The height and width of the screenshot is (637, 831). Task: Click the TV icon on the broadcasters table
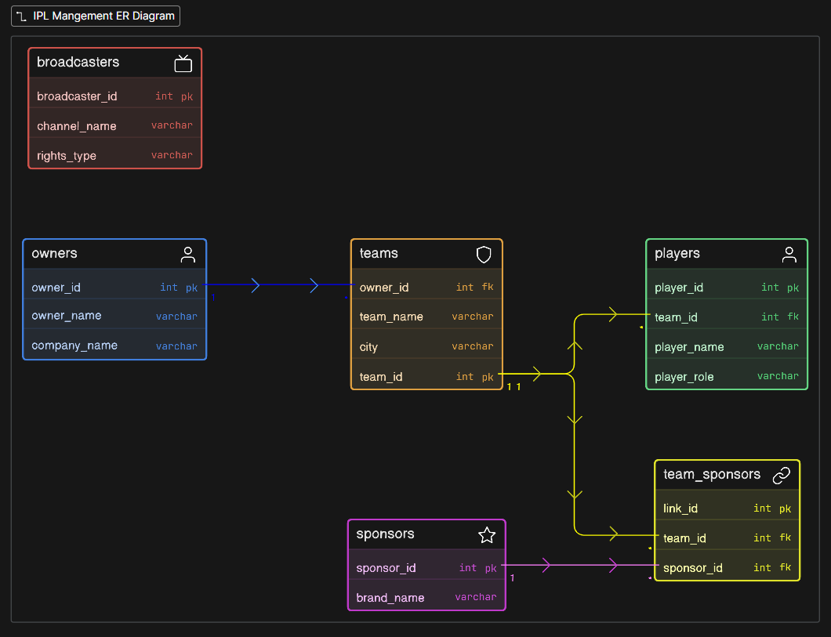pos(183,63)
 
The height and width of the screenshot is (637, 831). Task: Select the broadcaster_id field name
pos(77,96)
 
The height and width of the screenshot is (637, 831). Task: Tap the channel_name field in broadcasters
pos(76,126)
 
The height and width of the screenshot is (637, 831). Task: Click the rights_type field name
pos(67,156)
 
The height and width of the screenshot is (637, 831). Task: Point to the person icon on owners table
pos(187,254)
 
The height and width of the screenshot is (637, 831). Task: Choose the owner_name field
pos(67,316)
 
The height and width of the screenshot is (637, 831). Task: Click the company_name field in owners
pos(74,346)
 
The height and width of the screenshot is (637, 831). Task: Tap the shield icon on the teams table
pos(484,254)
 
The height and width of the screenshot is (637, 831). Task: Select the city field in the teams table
pos(368,347)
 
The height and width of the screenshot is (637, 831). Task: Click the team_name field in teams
pos(391,317)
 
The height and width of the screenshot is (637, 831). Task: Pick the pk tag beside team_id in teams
pos(488,377)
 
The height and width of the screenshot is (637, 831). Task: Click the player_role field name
pos(684,377)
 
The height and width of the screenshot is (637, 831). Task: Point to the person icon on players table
pos(789,254)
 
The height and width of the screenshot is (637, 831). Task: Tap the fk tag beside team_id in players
pos(793,317)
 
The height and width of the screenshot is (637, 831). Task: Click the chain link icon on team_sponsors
pos(782,475)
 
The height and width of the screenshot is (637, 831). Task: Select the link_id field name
pos(680,509)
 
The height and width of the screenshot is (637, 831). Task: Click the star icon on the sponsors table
pos(487,535)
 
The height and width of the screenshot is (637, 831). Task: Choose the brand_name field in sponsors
pos(390,598)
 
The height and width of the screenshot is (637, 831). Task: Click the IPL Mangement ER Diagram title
pos(103,16)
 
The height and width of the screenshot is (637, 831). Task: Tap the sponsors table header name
pos(385,534)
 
